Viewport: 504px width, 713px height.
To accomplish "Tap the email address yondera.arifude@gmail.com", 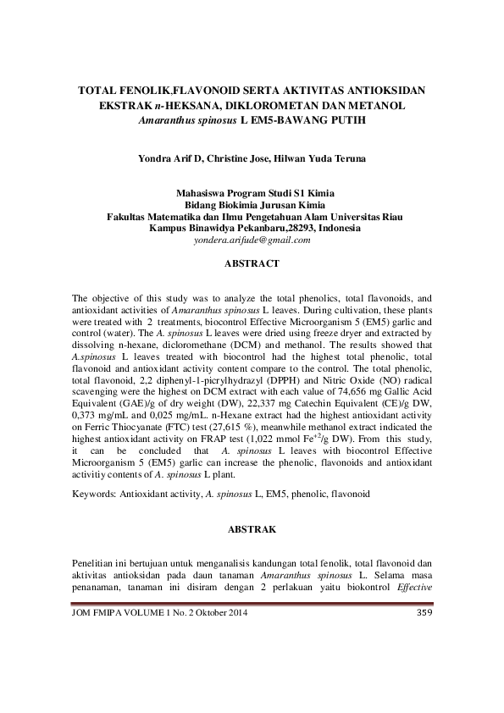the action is (x=252, y=240).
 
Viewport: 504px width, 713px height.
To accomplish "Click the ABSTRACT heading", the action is (x=252, y=264).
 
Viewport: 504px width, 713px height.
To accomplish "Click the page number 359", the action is (x=425, y=613).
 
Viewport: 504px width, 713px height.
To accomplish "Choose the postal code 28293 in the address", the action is (x=300, y=228).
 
